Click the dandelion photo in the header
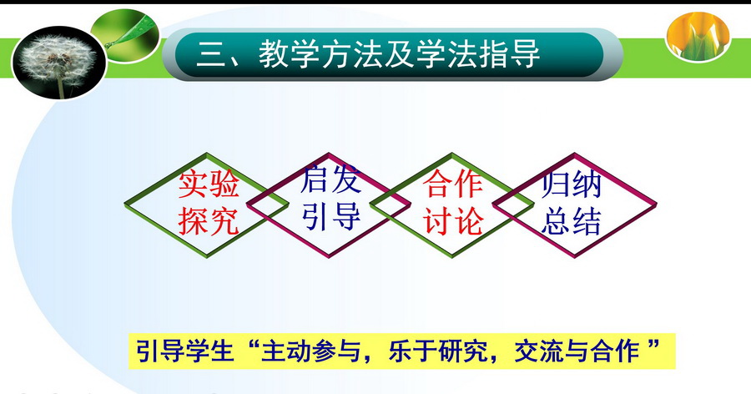pyautogui.click(x=59, y=63)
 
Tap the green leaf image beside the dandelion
pyautogui.click(x=125, y=35)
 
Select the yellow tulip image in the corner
pyautogui.click(x=698, y=37)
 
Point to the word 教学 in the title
pyautogui.click(x=289, y=53)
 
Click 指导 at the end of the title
pyautogui.click(x=509, y=53)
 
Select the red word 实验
pyautogui.click(x=209, y=184)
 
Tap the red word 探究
pyautogui.click(x=209, y=221)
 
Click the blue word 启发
pyautogui.click(x=330, y=179)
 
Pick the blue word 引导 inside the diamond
pyautogui.click(x=331, y=216)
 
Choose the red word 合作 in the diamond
pyautogui.click(x=452, y=184)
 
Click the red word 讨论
pyautogui.click(x=452, y=221)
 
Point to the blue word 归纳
pyautogui.click(x=572, y=184)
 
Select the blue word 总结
pyautogui.click(x=572, y=221)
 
